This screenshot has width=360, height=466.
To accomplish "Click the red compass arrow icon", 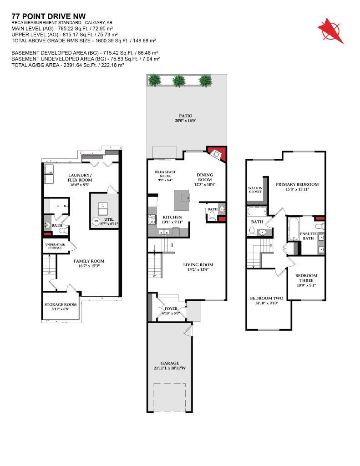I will (330, 31).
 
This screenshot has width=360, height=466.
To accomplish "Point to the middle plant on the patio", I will (179, 81).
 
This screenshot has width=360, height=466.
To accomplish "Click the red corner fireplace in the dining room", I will (218, 154).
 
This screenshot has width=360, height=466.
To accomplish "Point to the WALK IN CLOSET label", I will (255, 189).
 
